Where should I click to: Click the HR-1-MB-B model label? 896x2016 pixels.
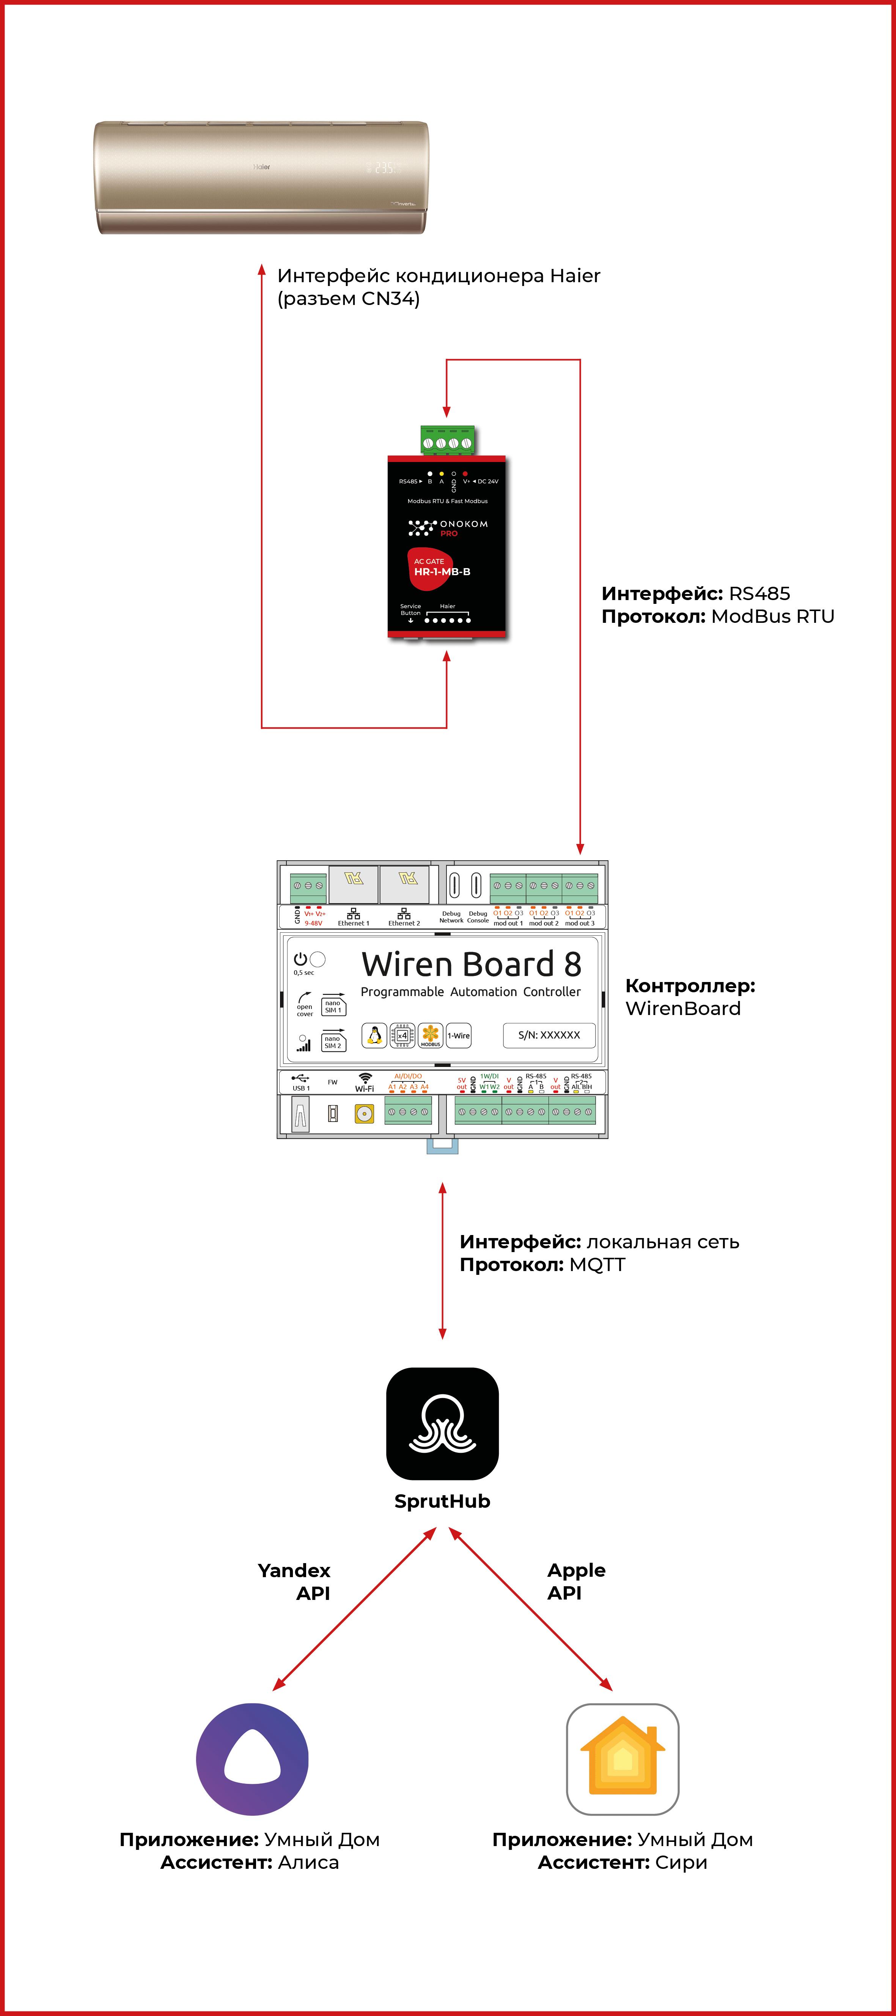coord(442,572)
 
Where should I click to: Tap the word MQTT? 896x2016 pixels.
coord(597,1265)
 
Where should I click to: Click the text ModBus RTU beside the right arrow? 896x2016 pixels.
coord(772,617)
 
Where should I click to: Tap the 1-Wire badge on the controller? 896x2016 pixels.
coord(459,1035)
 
